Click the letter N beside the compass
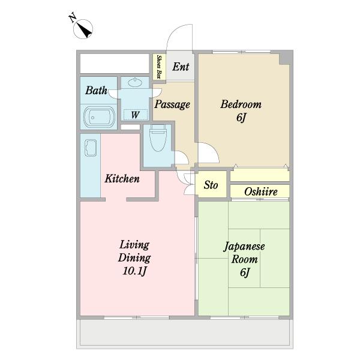tap(73, 18)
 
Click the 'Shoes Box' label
tap(158, 67)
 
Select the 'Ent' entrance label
tap(181, 67)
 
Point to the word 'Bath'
tap(96, 90)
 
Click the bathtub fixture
tap(99, 117)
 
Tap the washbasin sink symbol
tap(135, 82)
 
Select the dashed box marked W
tap(136, 115)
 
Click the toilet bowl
tap(158, 138)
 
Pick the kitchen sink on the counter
tap(91, 148)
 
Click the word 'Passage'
tap(172, 104)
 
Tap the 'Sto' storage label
tap(211, 185)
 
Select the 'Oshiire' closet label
tap(261, 192)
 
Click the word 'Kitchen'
tap(122, 179)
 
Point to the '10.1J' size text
tap(134, 271)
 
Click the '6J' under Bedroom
tap(241, 118)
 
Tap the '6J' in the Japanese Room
tap(245, 272)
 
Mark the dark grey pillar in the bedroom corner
tap(286, 59)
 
